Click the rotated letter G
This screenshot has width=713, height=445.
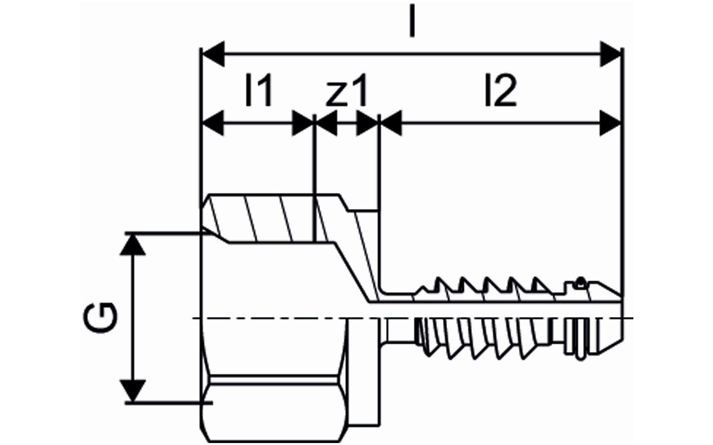100,318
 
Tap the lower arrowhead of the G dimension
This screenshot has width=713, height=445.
133,391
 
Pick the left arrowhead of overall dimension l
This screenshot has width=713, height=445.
214,54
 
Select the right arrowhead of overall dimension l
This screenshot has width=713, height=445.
610,54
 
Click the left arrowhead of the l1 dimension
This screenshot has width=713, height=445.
213,123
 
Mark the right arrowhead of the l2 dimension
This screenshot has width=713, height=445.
610,123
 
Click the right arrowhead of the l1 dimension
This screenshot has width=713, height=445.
303,123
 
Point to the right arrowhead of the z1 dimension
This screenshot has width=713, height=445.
366,123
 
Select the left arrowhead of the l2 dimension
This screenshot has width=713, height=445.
392,123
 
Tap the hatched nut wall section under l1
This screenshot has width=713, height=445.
261,219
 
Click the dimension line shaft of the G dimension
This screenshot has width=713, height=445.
133,318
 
